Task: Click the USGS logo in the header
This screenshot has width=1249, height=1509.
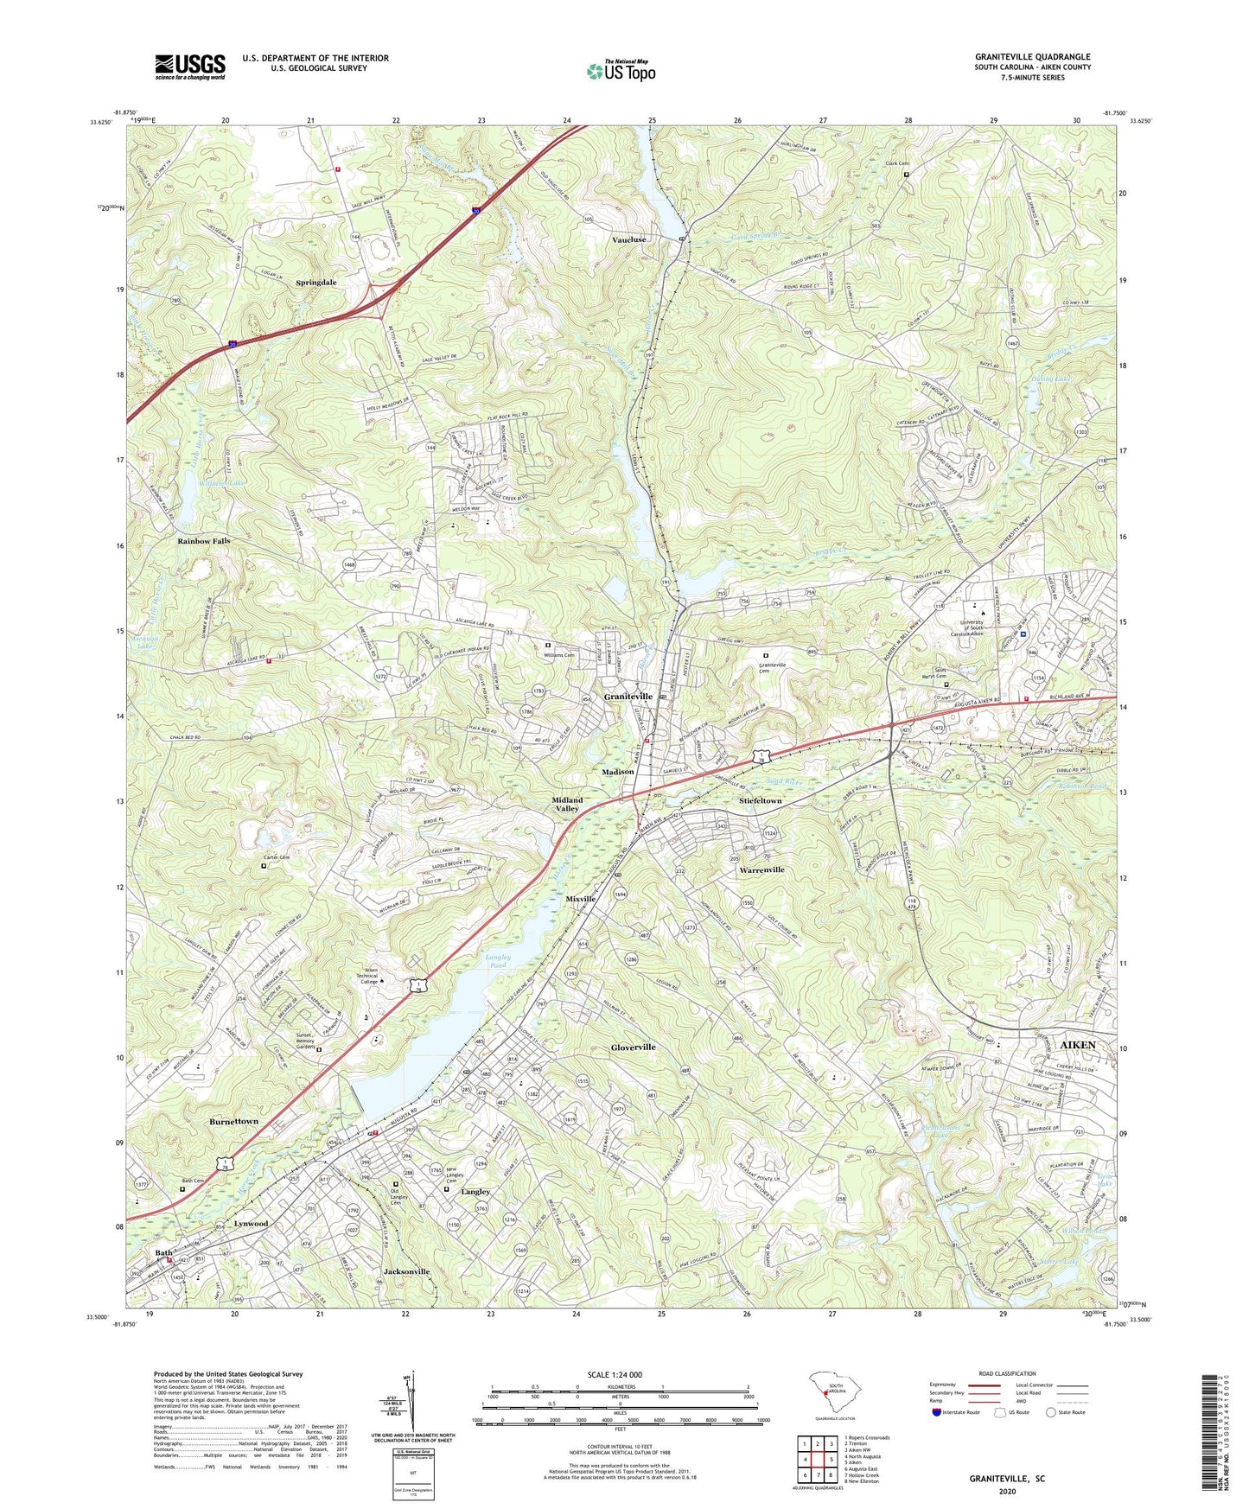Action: click(x=190, y=67)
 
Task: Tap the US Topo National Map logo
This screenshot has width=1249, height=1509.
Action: click(x=621, y=71)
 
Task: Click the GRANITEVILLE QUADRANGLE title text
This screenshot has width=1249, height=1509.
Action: click(x=1032, y=56)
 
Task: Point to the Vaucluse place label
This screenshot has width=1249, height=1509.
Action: click(x=628, y=239)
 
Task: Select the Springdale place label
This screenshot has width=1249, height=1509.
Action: click(x=316, y=283)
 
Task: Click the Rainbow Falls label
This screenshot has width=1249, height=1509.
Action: click(x=204, y=541)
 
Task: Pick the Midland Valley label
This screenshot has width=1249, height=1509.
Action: click(x=567, y=805)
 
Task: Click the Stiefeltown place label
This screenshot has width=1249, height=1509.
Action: click(x=761, y=801)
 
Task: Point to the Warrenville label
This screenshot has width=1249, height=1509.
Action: click(x=762, y=869)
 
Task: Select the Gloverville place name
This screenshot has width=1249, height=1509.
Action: click(x=633, y=1047)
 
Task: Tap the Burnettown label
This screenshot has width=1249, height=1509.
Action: click(x=233, y=1121)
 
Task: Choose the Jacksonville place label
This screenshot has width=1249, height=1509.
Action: click(x=406, y=1272)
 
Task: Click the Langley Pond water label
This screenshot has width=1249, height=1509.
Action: click(x=498, y=961)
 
